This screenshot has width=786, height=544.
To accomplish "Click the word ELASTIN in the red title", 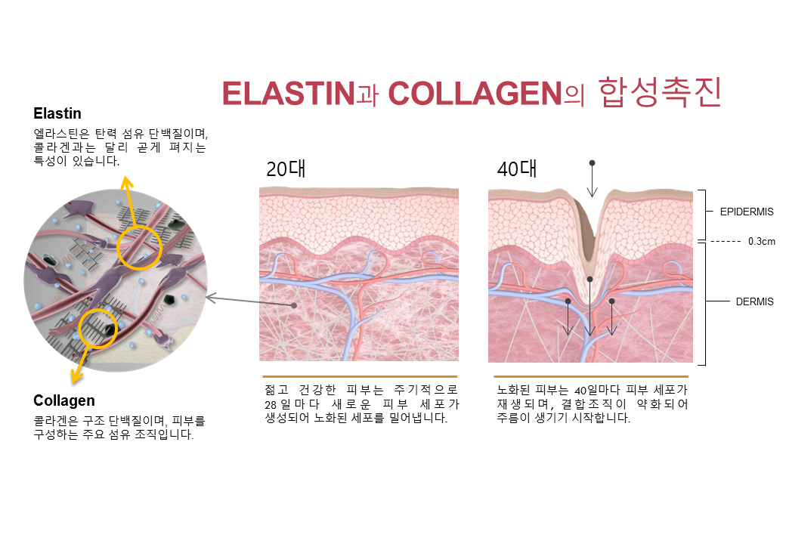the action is click(289, 94).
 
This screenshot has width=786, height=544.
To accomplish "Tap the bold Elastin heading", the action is click(57, 113).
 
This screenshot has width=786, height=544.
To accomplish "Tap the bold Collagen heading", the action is click(64, 400).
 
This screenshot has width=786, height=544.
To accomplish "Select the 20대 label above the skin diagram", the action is click(286, 168).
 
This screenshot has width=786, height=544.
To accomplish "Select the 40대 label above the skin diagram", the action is click(517, 168).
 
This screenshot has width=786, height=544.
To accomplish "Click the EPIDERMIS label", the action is click(747, 212).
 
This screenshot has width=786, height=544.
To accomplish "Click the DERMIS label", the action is click(754, 301).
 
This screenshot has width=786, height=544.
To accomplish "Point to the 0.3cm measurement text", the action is click(762, 242).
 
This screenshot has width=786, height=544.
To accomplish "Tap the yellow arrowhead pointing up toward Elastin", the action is click(127, 181).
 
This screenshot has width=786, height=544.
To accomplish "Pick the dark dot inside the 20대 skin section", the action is click(294, 305).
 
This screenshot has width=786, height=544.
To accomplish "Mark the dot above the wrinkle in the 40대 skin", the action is click(592, 162).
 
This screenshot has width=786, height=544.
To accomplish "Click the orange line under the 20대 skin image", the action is click(360, 376).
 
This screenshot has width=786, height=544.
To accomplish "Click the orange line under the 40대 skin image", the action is click(591, 376).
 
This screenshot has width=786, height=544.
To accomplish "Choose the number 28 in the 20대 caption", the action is click(271, 404).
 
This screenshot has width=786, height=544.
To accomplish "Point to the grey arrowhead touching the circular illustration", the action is click(212, 298).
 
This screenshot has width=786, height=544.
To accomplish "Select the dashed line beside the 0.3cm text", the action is click(726, 242).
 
